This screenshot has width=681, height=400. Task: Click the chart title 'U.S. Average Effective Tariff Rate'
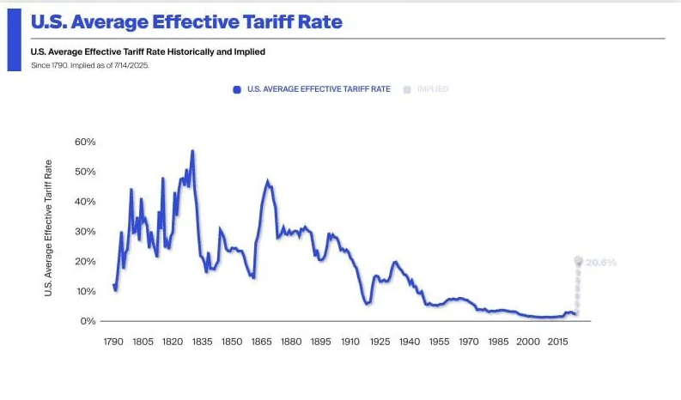click(x=186, y=22)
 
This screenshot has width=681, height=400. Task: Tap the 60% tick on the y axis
click(x=85, y=142)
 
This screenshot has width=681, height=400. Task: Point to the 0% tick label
click(x=88, y=321)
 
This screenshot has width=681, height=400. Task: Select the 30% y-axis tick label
click(x=85, y=232)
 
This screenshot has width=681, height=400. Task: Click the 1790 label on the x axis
click(x=112, y=342)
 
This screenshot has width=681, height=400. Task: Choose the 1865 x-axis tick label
click(x=261, y=342)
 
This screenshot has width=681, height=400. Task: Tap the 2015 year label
click(x=557, y=342)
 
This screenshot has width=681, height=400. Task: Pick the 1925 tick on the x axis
click(x=380, y=342)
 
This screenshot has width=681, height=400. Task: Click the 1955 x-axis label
click(x=439, y=342)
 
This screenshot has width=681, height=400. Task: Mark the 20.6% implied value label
click(x=601, y=263)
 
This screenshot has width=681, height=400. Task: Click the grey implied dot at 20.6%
click(x=579, y=260)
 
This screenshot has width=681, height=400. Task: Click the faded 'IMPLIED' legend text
click(x=433, y=88)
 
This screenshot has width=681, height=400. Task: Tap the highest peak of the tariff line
click(x=192, y=151)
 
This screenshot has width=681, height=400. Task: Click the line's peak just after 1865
click(x=268, y=181)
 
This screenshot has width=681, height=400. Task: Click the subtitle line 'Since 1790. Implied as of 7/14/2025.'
click(x=89, y=65)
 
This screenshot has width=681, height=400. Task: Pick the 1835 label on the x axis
click(x=202, y=342)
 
